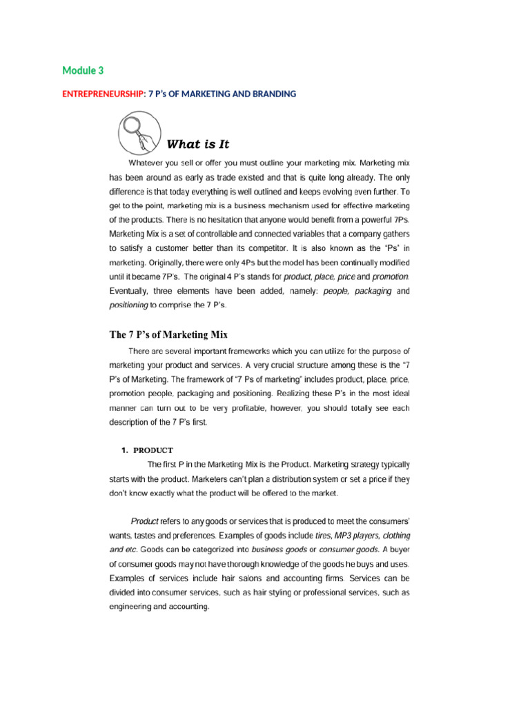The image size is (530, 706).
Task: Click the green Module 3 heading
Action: click(x=83, y=70)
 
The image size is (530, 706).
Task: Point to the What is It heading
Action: click(x=198, y=144)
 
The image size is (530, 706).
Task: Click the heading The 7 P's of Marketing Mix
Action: click(x=168, y=334)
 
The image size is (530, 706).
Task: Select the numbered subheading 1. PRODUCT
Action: click(x=148, y=450)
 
